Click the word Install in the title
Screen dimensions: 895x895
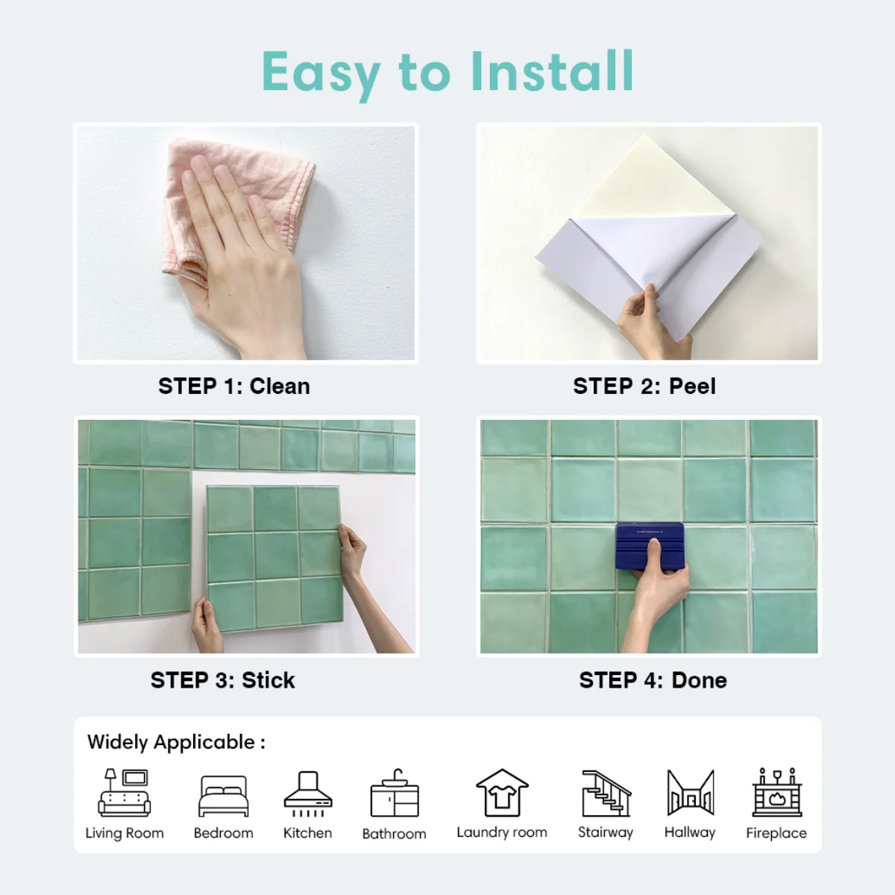pos(552,72)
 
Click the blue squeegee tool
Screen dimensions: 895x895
pos(650,547)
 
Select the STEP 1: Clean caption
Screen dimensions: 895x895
pos(234,386)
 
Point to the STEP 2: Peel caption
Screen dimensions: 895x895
pos(644,386)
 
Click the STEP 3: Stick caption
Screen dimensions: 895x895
pos(222,680)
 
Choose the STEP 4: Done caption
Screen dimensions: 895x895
pos(653,680)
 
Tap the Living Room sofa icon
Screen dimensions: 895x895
pos(125,792)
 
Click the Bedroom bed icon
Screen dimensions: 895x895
pos(224,796)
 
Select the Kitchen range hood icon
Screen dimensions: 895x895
pos(308,794)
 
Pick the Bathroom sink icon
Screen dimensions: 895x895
pos(395,793)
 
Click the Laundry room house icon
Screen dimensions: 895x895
pos(502,792)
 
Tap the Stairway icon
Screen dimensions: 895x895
pos(606,793)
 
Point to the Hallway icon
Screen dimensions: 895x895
pos(690,792)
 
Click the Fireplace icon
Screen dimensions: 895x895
pos(777,792)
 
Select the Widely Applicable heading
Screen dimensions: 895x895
pos(177,742)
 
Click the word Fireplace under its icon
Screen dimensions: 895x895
pos(776,833)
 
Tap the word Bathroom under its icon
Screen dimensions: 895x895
pos(395,834)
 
